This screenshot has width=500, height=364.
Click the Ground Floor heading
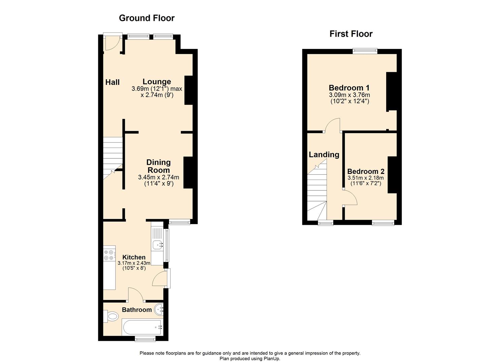pyautogui.click(x=146, y=18)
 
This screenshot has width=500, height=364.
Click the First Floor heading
pyautogui.click(x=351, y=34)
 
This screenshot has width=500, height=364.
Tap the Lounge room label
pyautogui.click(x=157, y=82)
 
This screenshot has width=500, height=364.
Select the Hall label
pyautogui.click(x=112, y=82)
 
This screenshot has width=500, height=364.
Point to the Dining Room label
pyautogui.click(x=158, y=166)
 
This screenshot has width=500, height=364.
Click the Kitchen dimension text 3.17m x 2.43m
pyautogui.click(x=134, y=263)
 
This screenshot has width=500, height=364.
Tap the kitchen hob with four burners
pyautogui.click(x=109, y=255)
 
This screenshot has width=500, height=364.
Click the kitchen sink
pyautogui.click(x=157, y=245)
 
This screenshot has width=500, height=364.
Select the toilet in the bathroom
pyautogui.click(x=112, y=316)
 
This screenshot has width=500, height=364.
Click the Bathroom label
pyautogui.click(x=137, y=310)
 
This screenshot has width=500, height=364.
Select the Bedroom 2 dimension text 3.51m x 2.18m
pyautogui.click(x=366, y=178)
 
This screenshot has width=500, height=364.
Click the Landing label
pyautogui.click(x=324, y=155)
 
